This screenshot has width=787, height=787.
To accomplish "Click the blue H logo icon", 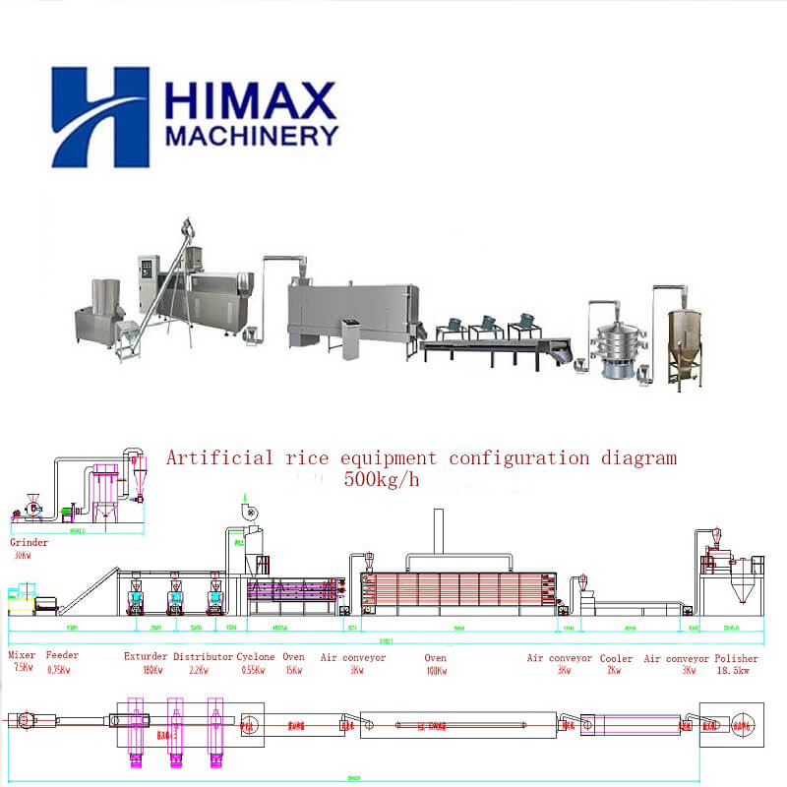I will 99,117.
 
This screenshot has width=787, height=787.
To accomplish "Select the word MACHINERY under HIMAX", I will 251,136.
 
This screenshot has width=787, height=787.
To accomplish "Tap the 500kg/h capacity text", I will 382,480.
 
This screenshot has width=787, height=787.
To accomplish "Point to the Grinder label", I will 29,542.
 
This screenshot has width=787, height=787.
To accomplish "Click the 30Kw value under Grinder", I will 22,555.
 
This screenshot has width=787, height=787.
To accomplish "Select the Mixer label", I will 22,656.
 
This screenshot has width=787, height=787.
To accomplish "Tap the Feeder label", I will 62,656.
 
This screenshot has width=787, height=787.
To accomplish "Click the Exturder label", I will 145,656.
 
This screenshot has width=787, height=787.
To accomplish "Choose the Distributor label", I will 203,656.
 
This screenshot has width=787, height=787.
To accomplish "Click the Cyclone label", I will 256,656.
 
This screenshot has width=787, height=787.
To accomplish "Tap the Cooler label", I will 618,658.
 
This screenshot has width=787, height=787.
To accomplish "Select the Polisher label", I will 737,658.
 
